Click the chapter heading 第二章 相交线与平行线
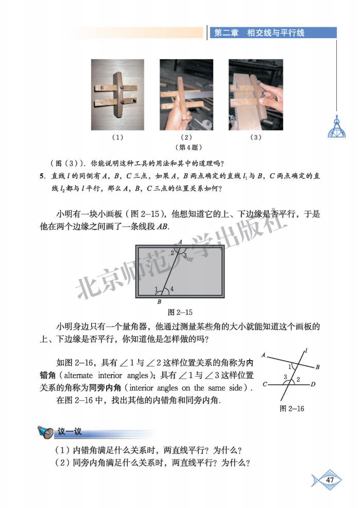tap(259, 32)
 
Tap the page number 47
tap(330, 480)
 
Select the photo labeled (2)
tap(186, 95)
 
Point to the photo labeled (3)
tap(256, 95)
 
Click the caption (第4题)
tap(186, 147)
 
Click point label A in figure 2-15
tap(180, 242)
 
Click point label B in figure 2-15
tap(159, 302)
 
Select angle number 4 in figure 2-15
tap(171, 290)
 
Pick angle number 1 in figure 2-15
tap(156, 290)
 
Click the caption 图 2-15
tap(180, 312)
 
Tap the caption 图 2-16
tap(291, 409)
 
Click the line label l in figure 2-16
tap(306, 351)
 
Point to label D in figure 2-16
tap(313, 384)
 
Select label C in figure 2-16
tap(264, 384)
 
